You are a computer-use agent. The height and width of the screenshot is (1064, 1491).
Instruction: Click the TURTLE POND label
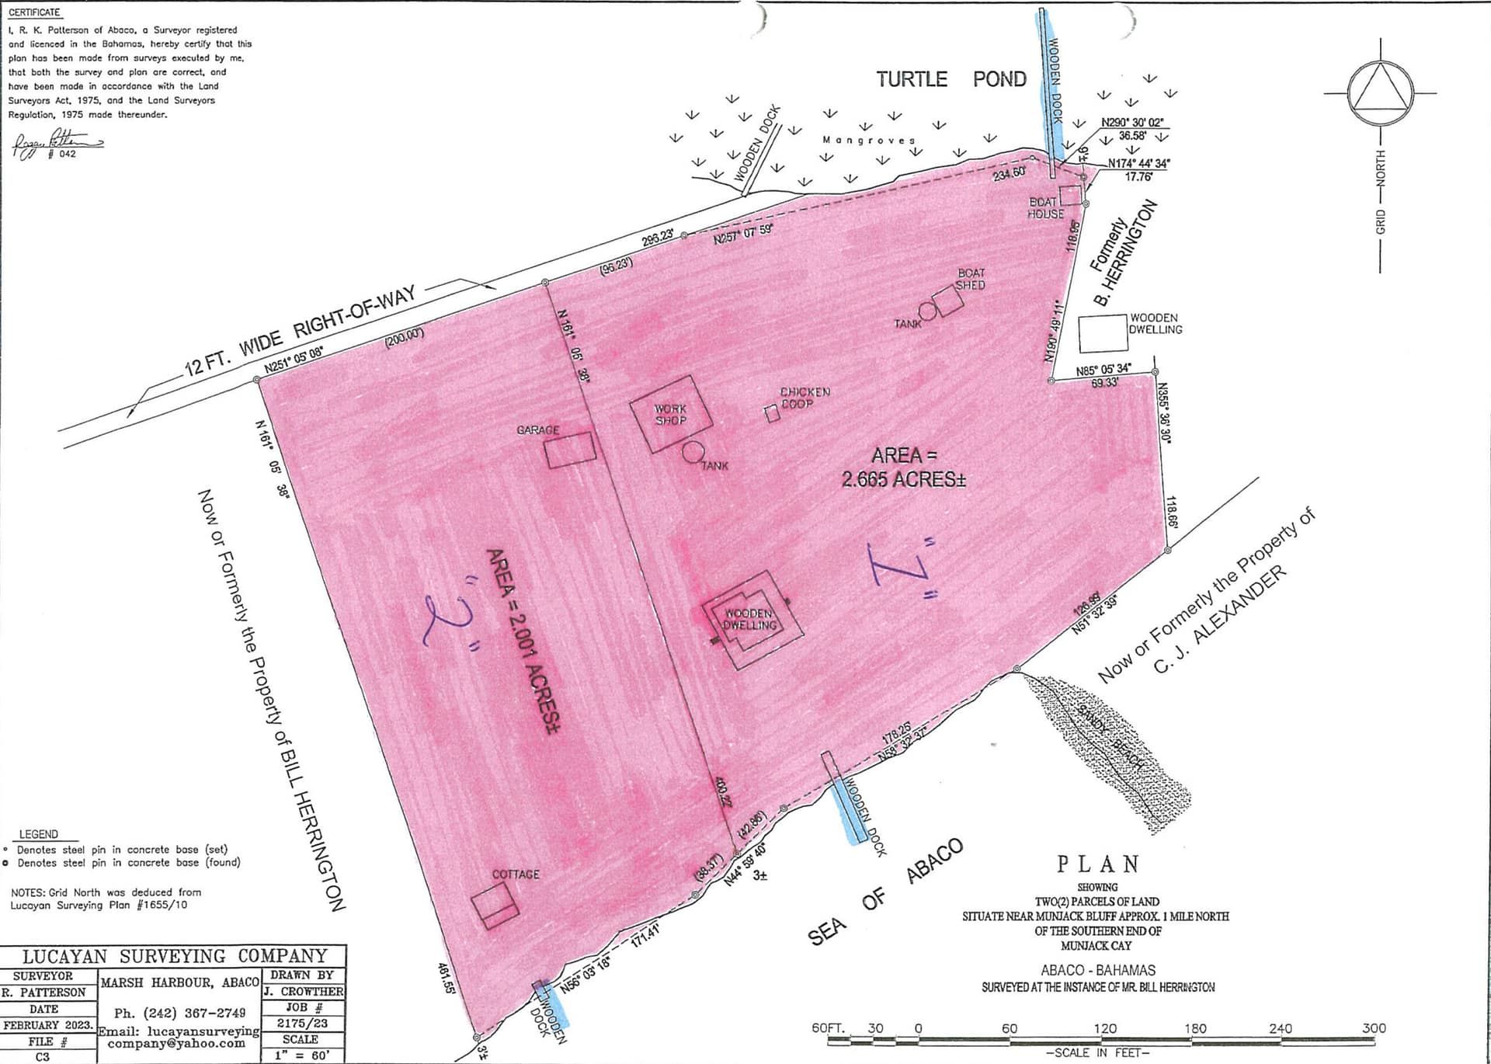951,79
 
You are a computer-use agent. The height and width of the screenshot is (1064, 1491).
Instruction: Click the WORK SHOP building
671,414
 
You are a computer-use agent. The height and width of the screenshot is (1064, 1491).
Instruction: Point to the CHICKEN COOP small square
772,414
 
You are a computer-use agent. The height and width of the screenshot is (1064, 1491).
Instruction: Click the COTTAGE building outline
495,906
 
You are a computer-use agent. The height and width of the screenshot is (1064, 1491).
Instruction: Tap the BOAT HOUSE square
1070,195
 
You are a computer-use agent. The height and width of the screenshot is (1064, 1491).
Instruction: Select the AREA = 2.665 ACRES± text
903,468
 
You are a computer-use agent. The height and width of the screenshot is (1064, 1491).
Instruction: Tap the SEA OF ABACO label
885,893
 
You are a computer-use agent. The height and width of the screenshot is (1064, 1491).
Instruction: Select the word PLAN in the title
1097,864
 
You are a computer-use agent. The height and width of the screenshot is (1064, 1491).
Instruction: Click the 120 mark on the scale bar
1104,1028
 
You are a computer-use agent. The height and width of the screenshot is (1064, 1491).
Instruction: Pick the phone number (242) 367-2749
179,1013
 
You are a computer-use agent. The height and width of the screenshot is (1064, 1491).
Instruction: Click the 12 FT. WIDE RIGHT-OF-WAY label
300,331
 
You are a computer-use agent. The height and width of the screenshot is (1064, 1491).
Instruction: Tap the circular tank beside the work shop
693,451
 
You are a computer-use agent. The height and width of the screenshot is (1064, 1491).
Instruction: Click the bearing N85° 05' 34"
1103,370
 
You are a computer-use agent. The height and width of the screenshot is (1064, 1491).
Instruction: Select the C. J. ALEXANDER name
1220,620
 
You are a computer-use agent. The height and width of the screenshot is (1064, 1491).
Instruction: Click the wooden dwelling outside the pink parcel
1103,332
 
